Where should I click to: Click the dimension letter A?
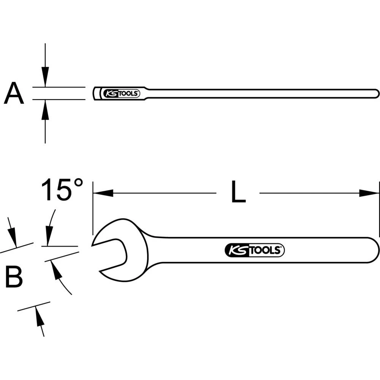point(14,94)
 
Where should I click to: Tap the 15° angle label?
point(62,190)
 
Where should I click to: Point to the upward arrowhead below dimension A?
point(45,108)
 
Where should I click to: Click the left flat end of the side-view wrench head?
point(94,93)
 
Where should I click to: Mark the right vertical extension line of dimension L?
point(379,209)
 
